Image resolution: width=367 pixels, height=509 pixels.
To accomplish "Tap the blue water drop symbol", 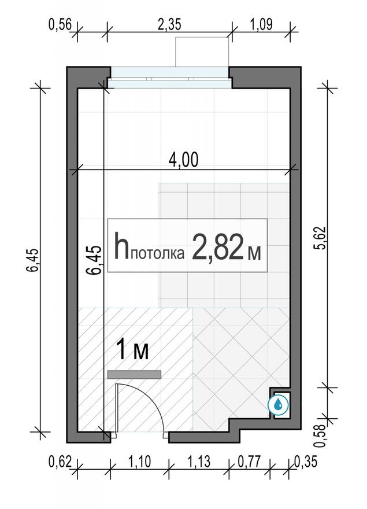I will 279,404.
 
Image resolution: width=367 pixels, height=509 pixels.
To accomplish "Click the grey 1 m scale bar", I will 134,375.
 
